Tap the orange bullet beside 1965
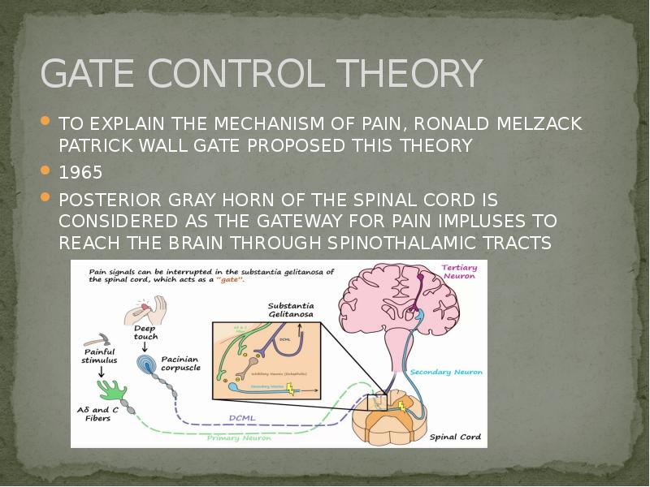pyautogui.click(x=46, y=172)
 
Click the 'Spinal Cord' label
pyautogui.click(x=455, y=437)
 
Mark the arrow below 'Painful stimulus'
pyautogui.click(x=100, y=373)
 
